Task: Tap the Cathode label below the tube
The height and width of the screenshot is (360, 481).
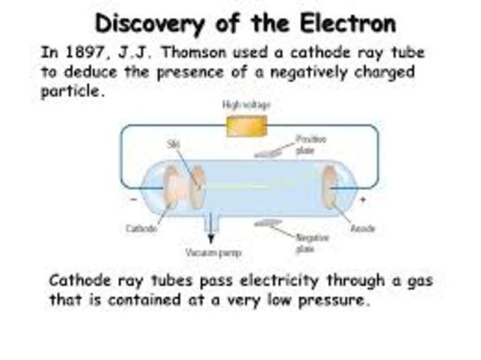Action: (x=141, y=228)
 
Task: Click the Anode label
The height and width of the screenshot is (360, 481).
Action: (x=362, y=228)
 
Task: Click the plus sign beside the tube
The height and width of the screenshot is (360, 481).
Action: (x=363, y=199)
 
